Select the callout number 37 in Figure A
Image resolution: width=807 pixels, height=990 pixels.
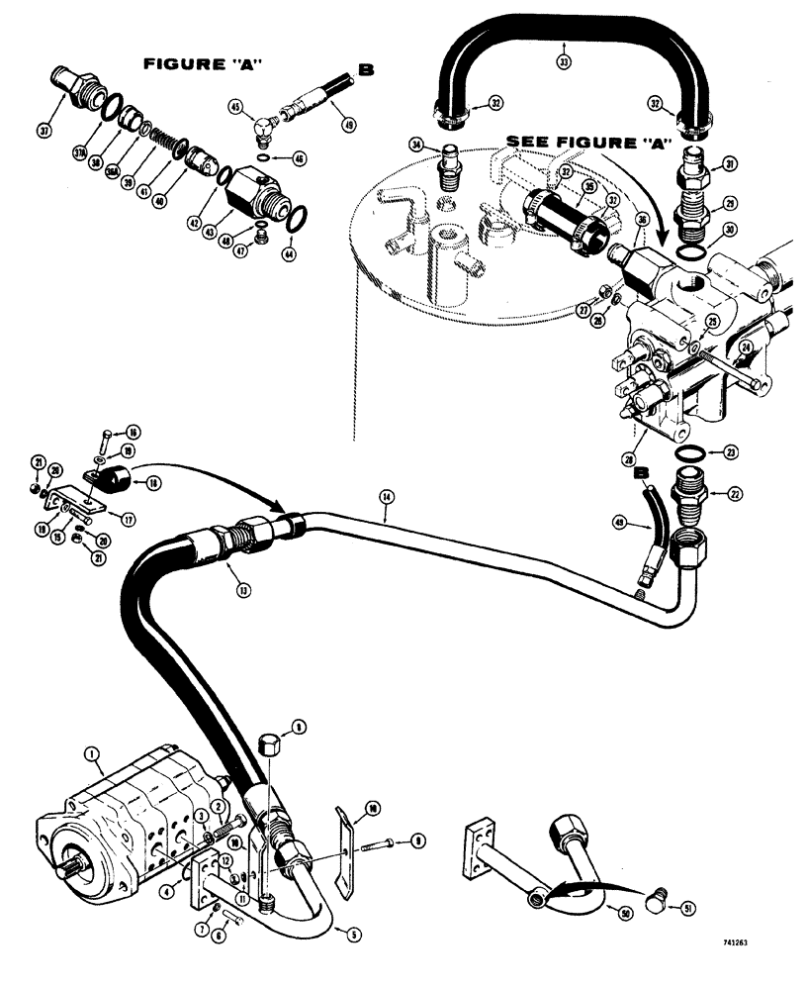coord(44,130)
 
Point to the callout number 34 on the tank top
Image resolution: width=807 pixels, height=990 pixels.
coord(416,146)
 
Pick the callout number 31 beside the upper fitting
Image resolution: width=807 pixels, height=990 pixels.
coord(731,163)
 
